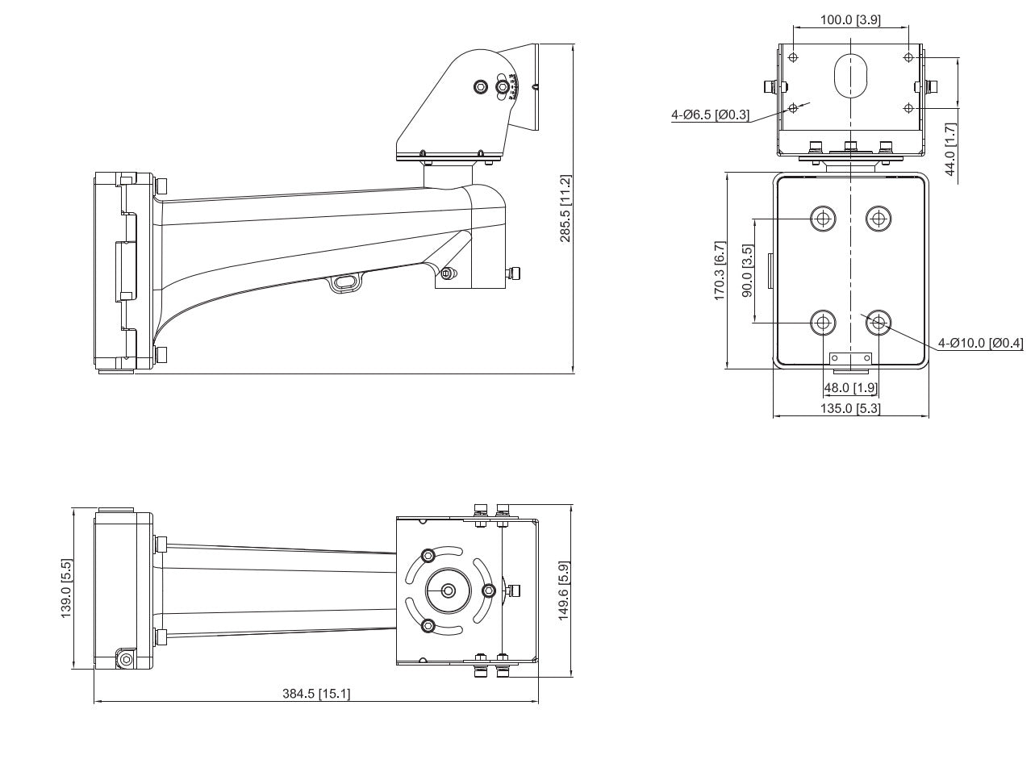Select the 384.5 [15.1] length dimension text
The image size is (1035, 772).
[x=315, y=694]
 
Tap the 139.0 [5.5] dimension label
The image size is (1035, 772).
[x=67, y=590]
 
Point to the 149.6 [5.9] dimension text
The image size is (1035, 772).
[x=565, y=590]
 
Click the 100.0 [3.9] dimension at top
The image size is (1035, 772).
[x=851, y=20]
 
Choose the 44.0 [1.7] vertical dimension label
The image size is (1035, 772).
[x=949, y=148]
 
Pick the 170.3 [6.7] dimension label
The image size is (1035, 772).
[x=720, y=271]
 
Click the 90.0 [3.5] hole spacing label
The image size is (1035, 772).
[x=747, y=272]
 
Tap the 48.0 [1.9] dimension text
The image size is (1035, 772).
[x=850, y=388]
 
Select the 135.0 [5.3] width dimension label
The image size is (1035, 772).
[x=850, y=408]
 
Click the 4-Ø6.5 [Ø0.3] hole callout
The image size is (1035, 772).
[x=711, y=115]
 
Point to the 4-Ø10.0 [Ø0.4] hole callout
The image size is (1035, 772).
[x=980, y=344]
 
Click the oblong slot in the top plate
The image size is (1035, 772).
[x=850, y=75]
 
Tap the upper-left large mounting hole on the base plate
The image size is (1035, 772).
[x=823, y=218]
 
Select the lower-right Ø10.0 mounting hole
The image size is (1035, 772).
[x=878, y=323]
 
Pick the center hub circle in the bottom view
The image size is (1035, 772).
[x=449, y=590]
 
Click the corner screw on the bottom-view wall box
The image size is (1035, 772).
[x=125, y=659]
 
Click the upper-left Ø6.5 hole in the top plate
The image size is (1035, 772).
[x=793, y=57]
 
